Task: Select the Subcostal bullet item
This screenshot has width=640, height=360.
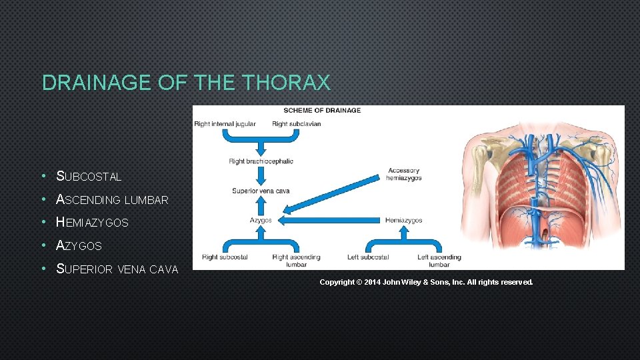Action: pos(89,177)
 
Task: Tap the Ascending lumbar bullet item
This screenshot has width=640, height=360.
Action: pos(112,199)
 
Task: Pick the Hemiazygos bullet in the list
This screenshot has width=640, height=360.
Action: pos(92,223)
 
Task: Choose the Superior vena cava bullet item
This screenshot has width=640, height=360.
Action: pos(117,269)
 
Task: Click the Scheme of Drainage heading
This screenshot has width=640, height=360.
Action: pos(322,110)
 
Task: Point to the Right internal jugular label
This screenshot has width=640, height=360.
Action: pos(225,124)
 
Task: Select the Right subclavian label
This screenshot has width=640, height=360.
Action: pos(296,124)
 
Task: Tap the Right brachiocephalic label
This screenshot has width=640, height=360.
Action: pos(261,161)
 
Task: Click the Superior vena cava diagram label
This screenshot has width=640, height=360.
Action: pos(261,191)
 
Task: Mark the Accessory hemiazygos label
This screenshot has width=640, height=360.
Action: pos(403,175)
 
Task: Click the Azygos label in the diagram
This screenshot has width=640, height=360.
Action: pos(261,220)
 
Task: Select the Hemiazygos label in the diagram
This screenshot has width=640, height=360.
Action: pos(403,220)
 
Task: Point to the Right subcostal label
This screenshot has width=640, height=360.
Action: pos(225,257)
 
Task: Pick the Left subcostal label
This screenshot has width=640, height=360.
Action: pos(368,257)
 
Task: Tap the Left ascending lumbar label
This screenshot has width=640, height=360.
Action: pos(439,261)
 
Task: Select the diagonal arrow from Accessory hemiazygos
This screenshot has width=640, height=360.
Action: pos(333,197)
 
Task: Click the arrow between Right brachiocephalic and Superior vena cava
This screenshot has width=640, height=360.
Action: pos(261,176)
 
